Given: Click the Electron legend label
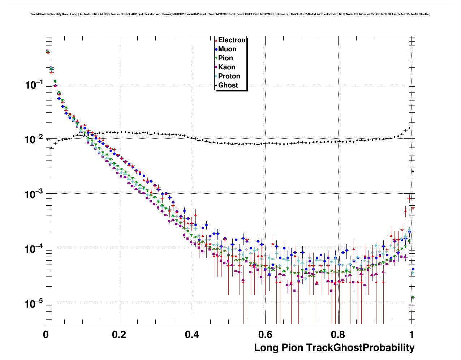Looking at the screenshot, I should click(232, 40).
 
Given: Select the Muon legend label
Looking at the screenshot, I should click(227, 49).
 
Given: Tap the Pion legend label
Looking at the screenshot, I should click(225, 58).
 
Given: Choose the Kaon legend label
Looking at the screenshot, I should click(227, 67).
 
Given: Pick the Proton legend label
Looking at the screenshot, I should click(229, 76).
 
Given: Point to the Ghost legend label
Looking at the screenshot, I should click(228, 85).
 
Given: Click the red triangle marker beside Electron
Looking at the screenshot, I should click(216, 40).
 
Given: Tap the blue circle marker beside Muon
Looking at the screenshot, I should click(216, 49).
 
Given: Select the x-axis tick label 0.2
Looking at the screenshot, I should click(119, 334).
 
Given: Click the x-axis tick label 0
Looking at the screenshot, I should click(46, 334).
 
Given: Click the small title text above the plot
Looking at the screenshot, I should click(230, 14).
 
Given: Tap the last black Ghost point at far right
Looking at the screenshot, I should click(413, 171).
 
